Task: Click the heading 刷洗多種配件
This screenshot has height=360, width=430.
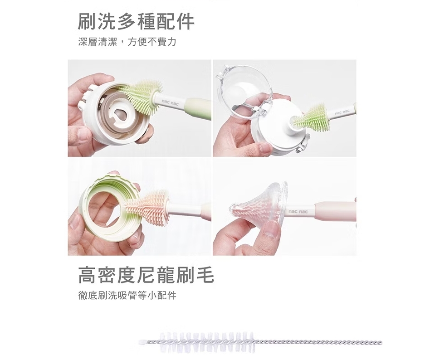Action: point(136,21)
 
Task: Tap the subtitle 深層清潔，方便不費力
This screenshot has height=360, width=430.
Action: point(127,42)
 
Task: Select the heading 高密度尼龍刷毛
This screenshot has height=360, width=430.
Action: point(146,275)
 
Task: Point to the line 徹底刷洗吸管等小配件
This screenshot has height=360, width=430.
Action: point(127,296)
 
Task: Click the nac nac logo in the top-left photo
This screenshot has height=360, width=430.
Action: point(170,103)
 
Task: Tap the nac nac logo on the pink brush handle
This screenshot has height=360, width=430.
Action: point(298,211)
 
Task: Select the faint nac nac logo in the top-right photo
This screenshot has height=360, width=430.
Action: point(342,112)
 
